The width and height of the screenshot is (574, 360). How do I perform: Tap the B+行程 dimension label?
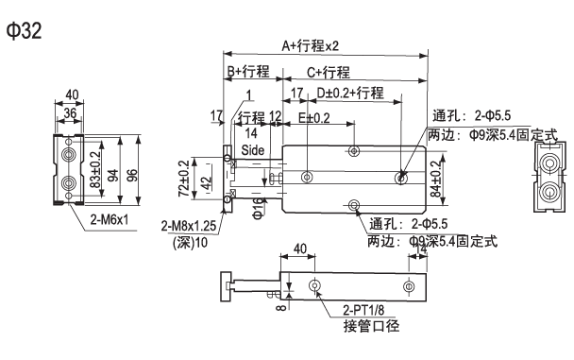[x=247, y=72]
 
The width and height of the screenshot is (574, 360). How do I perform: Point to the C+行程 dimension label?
[x=327, y=72]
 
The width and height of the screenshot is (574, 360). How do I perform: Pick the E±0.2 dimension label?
[x=314, y=117]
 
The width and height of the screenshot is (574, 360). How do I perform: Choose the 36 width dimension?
[x=68, y=111]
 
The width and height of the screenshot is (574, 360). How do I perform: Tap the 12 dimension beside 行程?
[x=275, y=117]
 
